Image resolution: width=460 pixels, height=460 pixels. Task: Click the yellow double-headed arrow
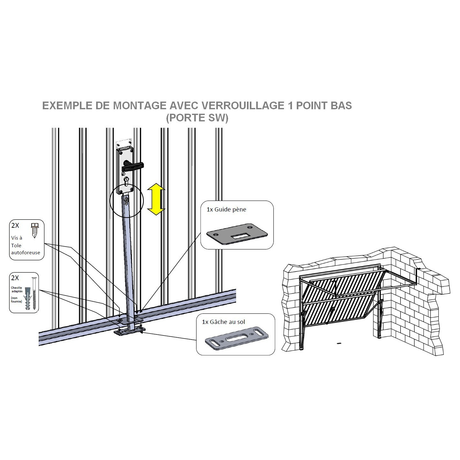[156, 199]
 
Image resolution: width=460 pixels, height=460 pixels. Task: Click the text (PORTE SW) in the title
[197, 118]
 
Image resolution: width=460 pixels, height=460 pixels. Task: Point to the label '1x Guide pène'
[226, 210]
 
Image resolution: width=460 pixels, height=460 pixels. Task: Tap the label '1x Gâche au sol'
[224, 322]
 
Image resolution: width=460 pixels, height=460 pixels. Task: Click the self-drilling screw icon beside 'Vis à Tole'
[34, 230]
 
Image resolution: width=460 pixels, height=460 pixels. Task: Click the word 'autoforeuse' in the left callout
[26, 252]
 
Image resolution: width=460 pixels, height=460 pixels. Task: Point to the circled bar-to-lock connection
[126, 201]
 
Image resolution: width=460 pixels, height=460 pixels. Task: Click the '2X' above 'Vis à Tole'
[15, 226]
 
